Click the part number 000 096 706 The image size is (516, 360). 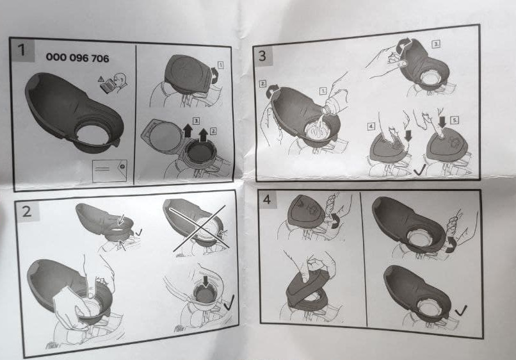pyautogui.click(x=77, y=58)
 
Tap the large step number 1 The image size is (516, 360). pyautogui.click(x=22, y=50)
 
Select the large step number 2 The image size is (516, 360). pyautogui.click(x=26, y=211)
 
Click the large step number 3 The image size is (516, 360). pyautogui.click(x=262, y=55)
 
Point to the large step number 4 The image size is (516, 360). pyautogui.click(x=266, y=199)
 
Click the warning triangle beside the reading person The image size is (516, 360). pyautogui.click(x=101, y=79)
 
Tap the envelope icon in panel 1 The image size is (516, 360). pyautogui.click(x=109, y=170)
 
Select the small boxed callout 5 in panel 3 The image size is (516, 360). pyautogui.click(x=455, y=120)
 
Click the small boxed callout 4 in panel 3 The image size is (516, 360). pyautogui.click(x=371, y=126)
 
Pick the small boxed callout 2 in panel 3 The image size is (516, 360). pyautogui.click(x=262, y=84)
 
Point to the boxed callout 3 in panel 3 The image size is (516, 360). pyautogui.click(x=436, y=44)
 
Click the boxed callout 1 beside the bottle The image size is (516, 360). pyautogui.click(x=323, y=91)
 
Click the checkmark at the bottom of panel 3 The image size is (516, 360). pyautogui.click(x=419, y=170)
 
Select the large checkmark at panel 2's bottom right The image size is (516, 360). pyautogui.click(x=229, y=302)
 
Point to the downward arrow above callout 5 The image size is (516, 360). pyautogui.click(x=442, y=122)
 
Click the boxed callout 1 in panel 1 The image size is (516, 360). pyautogui.click(x=220, y=65)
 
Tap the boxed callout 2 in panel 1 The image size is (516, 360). pyautogui.click(x=213, y=131)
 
